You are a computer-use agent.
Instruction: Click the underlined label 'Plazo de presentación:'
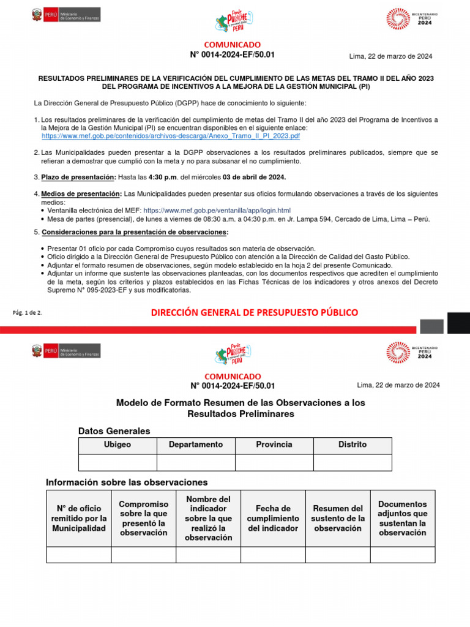[78, 177]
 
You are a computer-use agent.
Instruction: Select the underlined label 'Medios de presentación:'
[81, 193]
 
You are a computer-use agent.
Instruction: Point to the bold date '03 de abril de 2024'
[254, 177]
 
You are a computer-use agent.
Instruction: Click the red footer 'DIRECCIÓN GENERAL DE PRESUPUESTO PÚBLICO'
[254, 313]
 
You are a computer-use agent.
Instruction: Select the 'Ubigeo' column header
[117, 445]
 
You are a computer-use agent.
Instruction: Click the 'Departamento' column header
[196, 445]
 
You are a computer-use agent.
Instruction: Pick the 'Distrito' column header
[352, 445]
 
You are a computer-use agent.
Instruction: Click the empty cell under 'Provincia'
[274, 462]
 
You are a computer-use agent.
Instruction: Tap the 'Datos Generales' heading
[114, 431]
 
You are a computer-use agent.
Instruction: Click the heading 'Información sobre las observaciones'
[127, 482]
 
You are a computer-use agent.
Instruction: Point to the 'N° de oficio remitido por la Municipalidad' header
[79, 518]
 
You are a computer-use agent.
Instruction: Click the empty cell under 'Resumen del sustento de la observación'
[338, 554]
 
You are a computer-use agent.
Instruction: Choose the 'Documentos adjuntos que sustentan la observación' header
[402, 518]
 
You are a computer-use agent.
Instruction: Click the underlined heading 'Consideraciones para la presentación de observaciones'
[134, 232]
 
